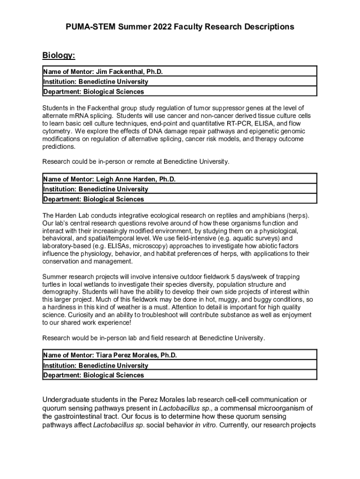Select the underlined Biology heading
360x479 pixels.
58,56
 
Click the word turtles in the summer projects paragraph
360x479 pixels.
52,284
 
